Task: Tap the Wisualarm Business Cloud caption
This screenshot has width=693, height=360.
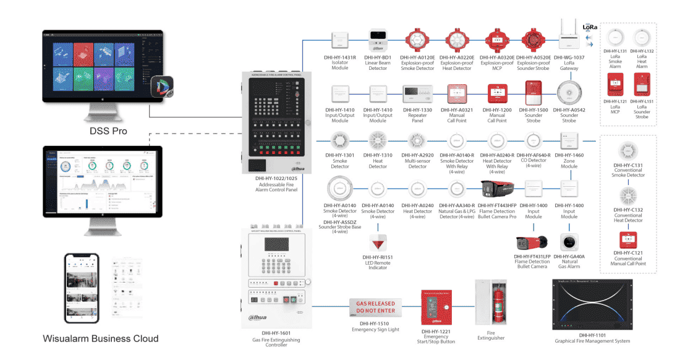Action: pos(100,338)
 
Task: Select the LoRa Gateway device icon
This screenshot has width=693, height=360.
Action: pos(569,34)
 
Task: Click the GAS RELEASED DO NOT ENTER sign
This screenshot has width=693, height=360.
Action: pos(375,307)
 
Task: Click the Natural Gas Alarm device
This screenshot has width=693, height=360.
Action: pos(569,242)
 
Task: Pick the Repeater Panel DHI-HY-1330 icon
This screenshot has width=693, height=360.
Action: pos(417,93)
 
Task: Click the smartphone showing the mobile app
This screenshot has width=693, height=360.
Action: pos(82,288)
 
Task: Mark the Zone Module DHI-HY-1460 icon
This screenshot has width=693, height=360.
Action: pos(569,140)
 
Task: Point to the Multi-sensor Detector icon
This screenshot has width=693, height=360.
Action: pos(417,140)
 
